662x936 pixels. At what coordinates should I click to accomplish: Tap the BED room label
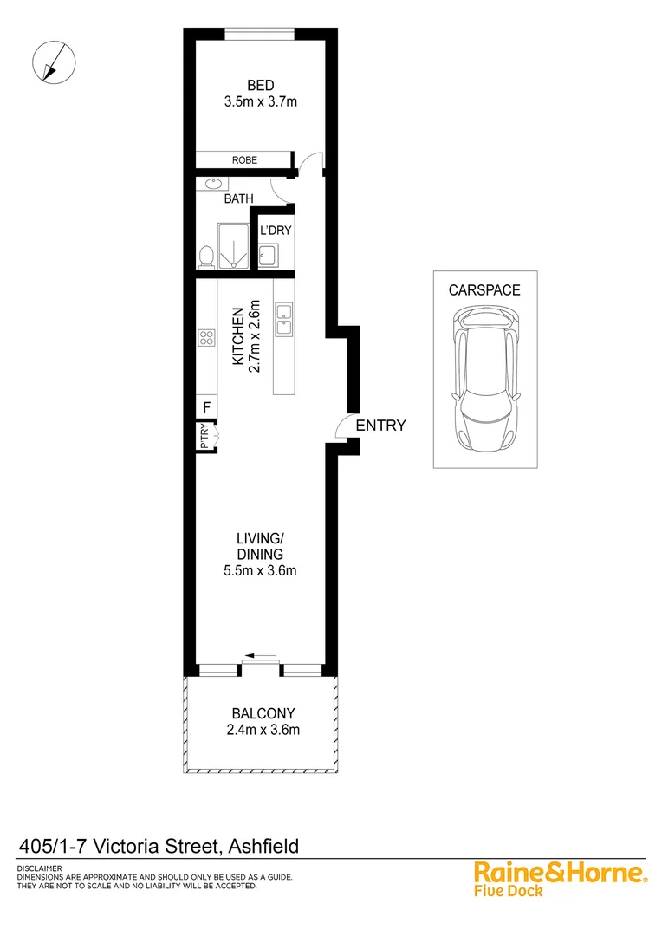coord(260,85)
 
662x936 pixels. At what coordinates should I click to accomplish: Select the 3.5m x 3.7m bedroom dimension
coord(260,101)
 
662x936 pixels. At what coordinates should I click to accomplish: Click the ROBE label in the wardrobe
coord(243,160)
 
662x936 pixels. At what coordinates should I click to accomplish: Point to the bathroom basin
coord(213,184)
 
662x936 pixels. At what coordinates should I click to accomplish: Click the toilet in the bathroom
coord(206,257)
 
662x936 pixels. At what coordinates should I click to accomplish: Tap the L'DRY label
coord(275,231)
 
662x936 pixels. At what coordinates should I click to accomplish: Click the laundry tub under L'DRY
coord(268,256)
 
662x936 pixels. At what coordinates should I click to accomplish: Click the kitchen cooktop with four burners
coord(206,338)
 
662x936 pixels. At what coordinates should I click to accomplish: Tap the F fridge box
coord(206,407)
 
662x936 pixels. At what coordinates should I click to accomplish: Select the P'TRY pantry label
coord(204,436)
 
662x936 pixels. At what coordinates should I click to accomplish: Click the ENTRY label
coord(380,425)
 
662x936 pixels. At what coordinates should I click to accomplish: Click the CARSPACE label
coord(484,290)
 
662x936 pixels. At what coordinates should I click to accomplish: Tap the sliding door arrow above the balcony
coord(260,656)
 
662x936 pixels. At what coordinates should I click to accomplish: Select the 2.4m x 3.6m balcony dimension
coord(260,730)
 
